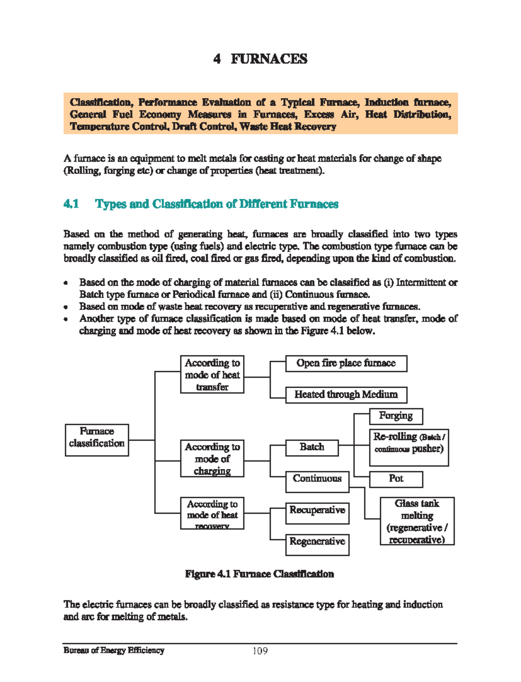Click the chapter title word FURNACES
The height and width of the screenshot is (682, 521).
(x=269, y=59)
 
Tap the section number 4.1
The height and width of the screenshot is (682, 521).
(x=71, y=204)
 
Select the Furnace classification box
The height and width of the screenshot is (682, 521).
(x=97, y=440)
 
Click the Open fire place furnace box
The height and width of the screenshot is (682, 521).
(x=346, y=363)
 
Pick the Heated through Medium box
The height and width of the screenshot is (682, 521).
(x=346, y=395)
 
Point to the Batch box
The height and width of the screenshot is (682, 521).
(x=312, y=447)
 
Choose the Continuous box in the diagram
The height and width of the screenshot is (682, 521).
(x=317, y=481)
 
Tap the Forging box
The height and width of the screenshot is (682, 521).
(x=396, y=416)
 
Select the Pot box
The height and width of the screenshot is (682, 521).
(x=396, y=479)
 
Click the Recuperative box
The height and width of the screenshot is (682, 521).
(x=317, y=513)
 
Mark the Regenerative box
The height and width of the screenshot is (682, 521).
(x=317, y=544)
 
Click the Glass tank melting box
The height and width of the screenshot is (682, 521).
(x=417, y=521)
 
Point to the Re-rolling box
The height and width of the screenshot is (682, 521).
(x=409, y=447)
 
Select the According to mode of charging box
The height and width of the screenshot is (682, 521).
(x=212, y=458)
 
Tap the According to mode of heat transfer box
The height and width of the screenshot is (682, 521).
(x=212, y=374)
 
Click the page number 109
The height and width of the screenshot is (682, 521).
(x=260, y=651)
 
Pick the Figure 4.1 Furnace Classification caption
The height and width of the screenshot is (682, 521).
(x=259, y=574)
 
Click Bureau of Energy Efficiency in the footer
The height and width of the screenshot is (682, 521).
(x=114, y=650)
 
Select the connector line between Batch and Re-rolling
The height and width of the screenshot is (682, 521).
(x=346, y=445)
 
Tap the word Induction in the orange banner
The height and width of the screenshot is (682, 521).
(x=386, y=102)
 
